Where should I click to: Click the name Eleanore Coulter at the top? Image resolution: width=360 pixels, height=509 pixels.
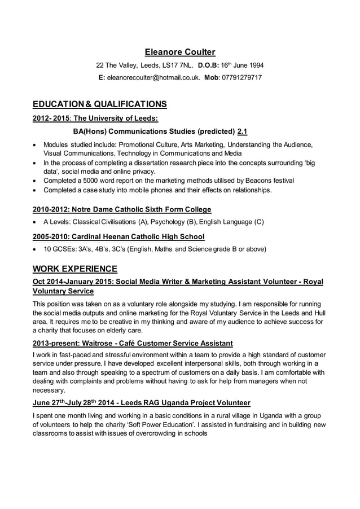tap(180, 52)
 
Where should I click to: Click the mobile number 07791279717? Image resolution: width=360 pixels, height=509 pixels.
tap(242, 77)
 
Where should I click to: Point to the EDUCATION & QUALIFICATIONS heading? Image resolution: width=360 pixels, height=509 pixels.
tap(100, 104)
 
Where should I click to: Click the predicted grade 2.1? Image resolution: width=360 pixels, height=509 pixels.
tap(242, 131)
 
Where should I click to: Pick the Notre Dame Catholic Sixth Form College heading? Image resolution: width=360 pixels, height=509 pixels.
tap(122, 209)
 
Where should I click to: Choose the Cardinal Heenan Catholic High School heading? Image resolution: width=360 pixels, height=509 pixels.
tap(118, 236)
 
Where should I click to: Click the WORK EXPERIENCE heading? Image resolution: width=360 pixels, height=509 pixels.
tap(75, 269)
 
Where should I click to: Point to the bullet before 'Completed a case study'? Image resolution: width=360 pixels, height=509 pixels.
tap(36, 190)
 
